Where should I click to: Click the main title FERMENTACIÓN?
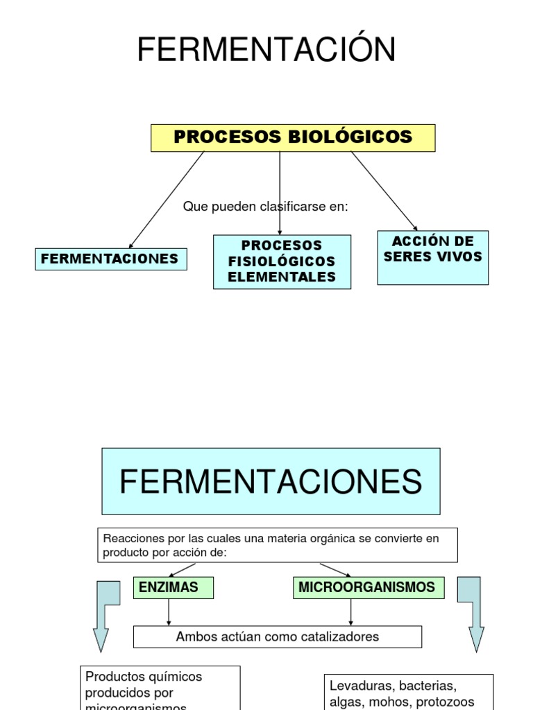pyautogui.click(x=266, y=51)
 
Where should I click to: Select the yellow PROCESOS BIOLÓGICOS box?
pyautogui.click(x=293, y=137)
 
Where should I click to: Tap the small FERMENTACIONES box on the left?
pyautogui.click(x=110, y=259)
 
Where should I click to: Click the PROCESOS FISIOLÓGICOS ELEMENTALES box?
pyautogui.click(x=282, y=261)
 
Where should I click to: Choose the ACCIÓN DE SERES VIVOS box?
pyautogui.click(x=432, y=257)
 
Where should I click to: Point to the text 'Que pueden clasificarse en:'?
pyautogui.click(x=265, y=207)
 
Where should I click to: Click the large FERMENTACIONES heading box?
pyautogui.click(x=271, y=481)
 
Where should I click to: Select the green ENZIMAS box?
pyautogui.click(x=173, y=587)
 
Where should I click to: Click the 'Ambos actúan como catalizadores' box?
pyautogui.click(x=277, y=637)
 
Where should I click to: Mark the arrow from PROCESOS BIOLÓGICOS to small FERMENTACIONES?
pyautogui.click(x=167, y=200)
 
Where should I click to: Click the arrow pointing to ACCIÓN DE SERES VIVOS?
pyautogui.click(x=384, y=191)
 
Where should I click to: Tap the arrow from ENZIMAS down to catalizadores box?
pyautogui.click(x=169, y=612)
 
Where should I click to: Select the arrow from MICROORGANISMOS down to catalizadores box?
pyautogui.click(x=351, y=612)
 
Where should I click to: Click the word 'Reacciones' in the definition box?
pyautogui.click(x=128, y=539)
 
